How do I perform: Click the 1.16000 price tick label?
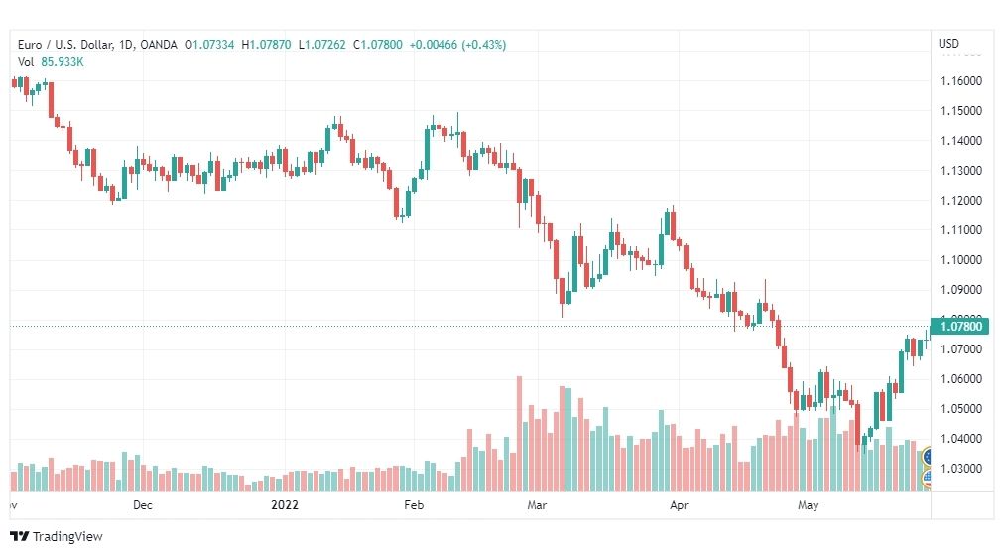961,81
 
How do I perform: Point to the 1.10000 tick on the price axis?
961,260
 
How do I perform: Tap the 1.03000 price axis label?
961,469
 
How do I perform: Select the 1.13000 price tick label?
961,171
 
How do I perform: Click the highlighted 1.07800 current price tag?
959,327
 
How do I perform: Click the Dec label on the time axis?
143,505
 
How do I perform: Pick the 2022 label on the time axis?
285,505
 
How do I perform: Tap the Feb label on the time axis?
414,505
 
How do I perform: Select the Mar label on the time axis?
537,505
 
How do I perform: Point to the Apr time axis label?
679,505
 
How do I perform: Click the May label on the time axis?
809,505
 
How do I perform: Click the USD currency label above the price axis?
948,44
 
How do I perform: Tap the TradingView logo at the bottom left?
57,537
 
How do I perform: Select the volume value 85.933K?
63,62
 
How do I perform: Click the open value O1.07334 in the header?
209,45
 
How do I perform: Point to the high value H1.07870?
266,45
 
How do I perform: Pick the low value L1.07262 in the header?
322,45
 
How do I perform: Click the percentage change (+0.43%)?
483,45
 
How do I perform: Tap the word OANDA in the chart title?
158,45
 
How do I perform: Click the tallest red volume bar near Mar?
519,434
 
